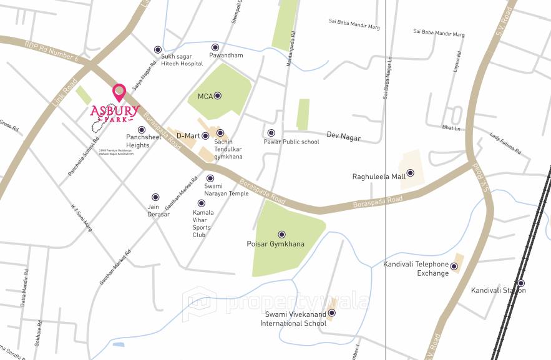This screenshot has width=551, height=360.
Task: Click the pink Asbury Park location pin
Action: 119,92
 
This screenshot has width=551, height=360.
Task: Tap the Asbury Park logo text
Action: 114,113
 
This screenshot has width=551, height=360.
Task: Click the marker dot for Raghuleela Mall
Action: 410,173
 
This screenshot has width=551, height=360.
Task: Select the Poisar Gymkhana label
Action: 276,244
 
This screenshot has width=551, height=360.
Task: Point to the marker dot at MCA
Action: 218,96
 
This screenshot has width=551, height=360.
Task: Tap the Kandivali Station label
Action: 498,291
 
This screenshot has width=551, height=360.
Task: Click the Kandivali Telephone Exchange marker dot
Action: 454,267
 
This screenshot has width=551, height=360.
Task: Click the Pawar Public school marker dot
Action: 271,133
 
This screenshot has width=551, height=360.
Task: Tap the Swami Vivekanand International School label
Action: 293,319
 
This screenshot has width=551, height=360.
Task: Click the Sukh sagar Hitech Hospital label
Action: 182,60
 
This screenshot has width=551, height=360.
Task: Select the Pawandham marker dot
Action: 215,47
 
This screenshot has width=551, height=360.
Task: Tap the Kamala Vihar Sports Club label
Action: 203,223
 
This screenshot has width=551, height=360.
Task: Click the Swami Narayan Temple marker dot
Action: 210,178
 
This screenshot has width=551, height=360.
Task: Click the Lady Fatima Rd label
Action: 505,144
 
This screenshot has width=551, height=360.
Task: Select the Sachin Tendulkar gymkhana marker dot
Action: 220,133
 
